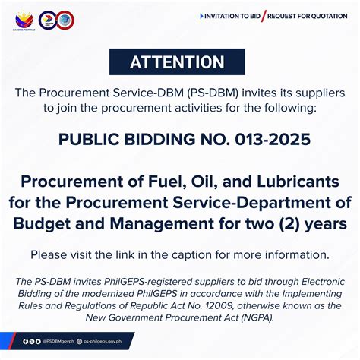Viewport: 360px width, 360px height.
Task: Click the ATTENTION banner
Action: tap(177, 62)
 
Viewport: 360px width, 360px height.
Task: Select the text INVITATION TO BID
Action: tap(230, 16)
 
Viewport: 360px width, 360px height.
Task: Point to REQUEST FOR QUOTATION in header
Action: tap(307, 16)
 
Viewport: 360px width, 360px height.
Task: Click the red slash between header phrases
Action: tap(264, 16)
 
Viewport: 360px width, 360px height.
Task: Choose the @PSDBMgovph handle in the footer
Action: tap(60, 342)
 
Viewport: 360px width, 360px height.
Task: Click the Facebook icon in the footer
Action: tap(24, 342)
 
